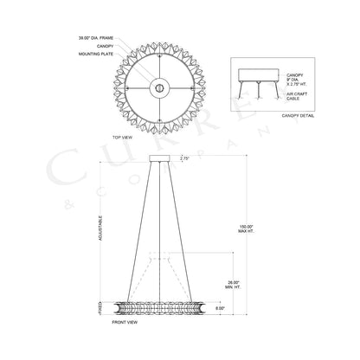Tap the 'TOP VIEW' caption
click(x=120, y=137)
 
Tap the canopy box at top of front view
click(x=161, y=159)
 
